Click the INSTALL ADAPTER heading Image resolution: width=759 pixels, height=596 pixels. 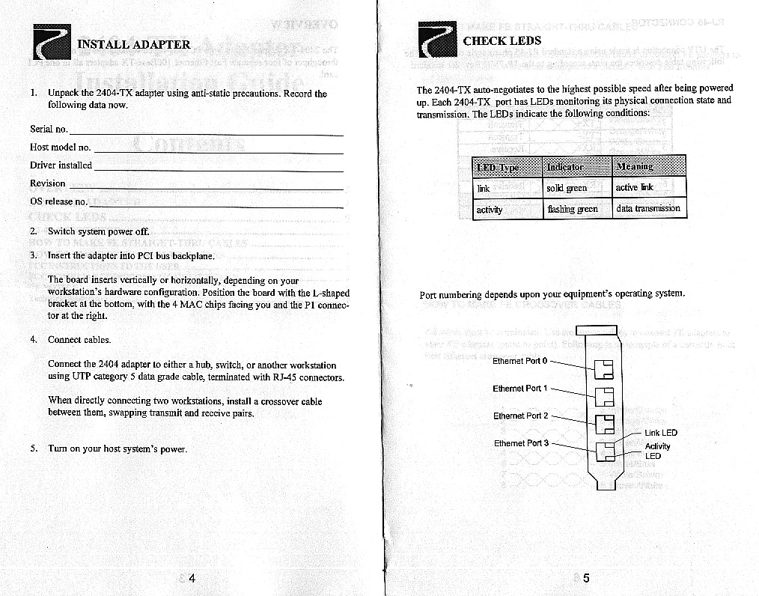point(134,44)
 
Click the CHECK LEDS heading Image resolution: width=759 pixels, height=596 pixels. point(502,40)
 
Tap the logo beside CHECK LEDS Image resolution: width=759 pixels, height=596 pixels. point(438,39)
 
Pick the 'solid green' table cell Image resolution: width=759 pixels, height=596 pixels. point(567,188)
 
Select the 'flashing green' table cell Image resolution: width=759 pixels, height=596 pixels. point(572,209)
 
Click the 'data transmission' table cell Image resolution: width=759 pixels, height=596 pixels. point(647,208)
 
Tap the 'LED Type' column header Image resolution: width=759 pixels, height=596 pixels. point(497,167)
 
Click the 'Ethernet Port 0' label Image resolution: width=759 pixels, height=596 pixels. point(520,361)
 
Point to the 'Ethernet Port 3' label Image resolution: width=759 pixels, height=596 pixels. point(521,443)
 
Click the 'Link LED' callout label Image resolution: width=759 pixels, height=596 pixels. point(660,433)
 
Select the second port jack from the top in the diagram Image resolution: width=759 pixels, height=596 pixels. point(603,395)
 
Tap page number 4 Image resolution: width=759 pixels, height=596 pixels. point(192,579)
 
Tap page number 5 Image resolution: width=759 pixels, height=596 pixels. point(586,579)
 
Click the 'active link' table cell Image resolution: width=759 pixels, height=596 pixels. point(634,187)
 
